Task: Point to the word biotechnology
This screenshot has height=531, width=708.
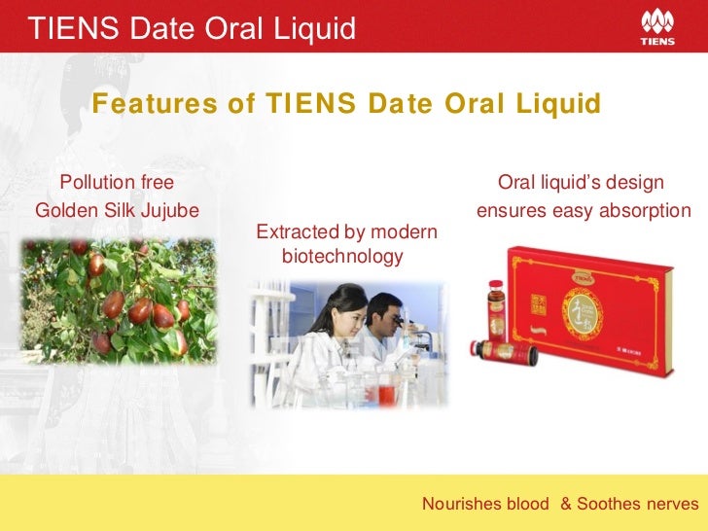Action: tap(341, 257)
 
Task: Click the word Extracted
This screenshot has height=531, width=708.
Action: tap(291, 232)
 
